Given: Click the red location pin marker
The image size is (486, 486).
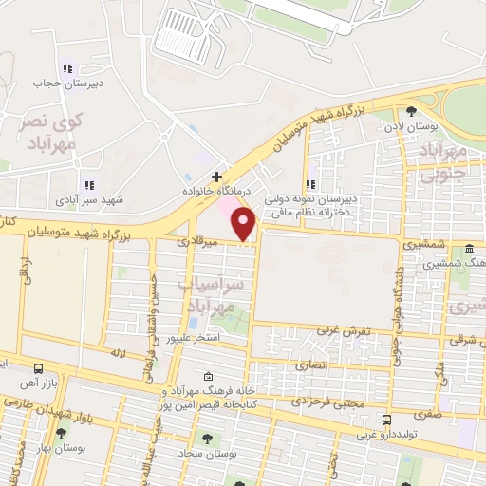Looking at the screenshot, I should click(244, 224).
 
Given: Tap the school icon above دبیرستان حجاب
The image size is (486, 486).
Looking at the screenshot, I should click(66, 68).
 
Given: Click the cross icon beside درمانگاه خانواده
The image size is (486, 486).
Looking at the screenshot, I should click(217, 177).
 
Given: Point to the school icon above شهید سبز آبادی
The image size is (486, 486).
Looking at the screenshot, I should click(89, 185).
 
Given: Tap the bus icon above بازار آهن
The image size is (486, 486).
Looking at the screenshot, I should click(37, 367).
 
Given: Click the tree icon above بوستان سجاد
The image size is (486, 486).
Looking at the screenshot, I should click(207, 439).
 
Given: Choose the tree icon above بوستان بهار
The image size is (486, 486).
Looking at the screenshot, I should click(61, 433).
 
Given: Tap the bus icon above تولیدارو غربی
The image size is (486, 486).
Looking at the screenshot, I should click(386, 420).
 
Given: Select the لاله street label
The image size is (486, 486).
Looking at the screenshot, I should click(118, 352).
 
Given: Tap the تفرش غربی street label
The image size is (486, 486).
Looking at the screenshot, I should click(348, 332).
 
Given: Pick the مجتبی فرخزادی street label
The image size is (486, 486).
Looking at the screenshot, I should click(342, 402).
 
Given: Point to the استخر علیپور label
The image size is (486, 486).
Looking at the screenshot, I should click(194, 338).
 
